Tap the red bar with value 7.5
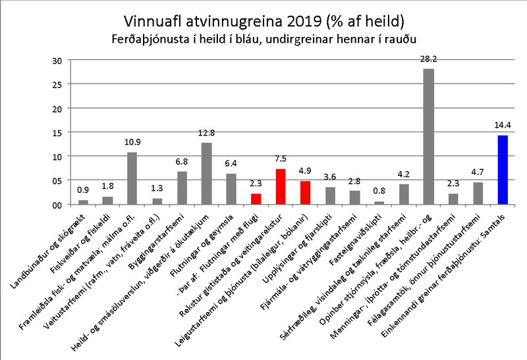pos(280,187)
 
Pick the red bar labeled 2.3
pos(256,199)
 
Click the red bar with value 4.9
pos(305,193)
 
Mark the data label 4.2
pos(404,175)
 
